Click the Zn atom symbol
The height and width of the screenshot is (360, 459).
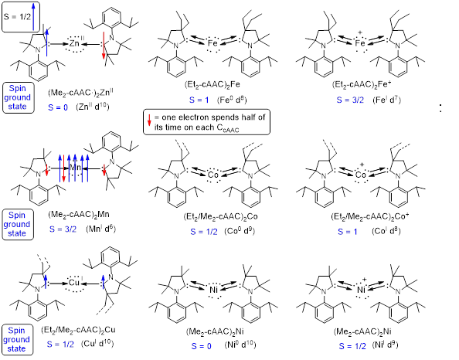point(74,44)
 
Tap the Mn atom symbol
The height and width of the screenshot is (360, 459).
point(76,168)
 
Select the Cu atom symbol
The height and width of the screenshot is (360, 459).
point(73,283)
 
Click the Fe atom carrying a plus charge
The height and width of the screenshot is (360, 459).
point(360,43)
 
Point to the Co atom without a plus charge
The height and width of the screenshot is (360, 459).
point(212,175)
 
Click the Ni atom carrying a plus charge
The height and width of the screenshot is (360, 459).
point(361,290)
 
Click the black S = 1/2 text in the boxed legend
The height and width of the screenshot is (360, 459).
point(17,17)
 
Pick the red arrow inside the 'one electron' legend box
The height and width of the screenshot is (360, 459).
point(149,120)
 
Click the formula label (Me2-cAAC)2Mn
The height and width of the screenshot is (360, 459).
point(79,215)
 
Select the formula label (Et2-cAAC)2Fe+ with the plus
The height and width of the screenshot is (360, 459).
point(361,84)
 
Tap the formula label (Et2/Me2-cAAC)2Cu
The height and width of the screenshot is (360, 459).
point(78,330)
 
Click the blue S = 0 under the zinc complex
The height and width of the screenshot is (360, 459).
point(58,107)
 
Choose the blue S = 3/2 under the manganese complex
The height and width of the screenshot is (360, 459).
point(63,229)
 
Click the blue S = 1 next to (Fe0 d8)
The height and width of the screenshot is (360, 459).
point(199,100)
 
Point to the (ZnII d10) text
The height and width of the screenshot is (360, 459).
point(93,107)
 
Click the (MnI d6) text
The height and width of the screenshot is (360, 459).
point(101,229)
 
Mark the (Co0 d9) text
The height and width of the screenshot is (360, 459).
point(240,231)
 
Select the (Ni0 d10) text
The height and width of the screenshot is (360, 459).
point(240,345)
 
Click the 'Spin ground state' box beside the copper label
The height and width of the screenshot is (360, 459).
point(17,339)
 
